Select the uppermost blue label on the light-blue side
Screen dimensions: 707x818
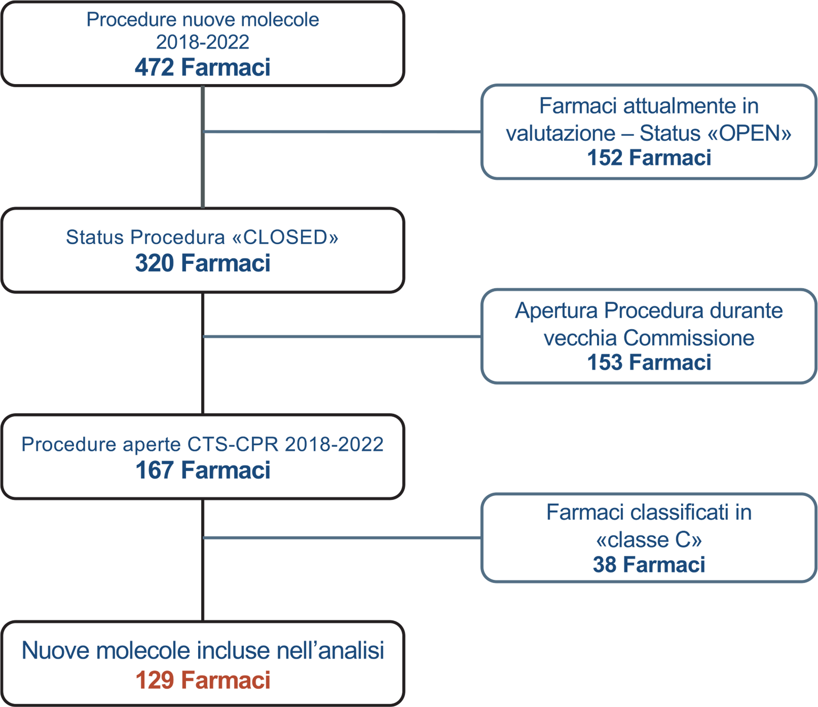(x=649, y=133)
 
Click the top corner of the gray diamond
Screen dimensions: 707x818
(x=203, y=87)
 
